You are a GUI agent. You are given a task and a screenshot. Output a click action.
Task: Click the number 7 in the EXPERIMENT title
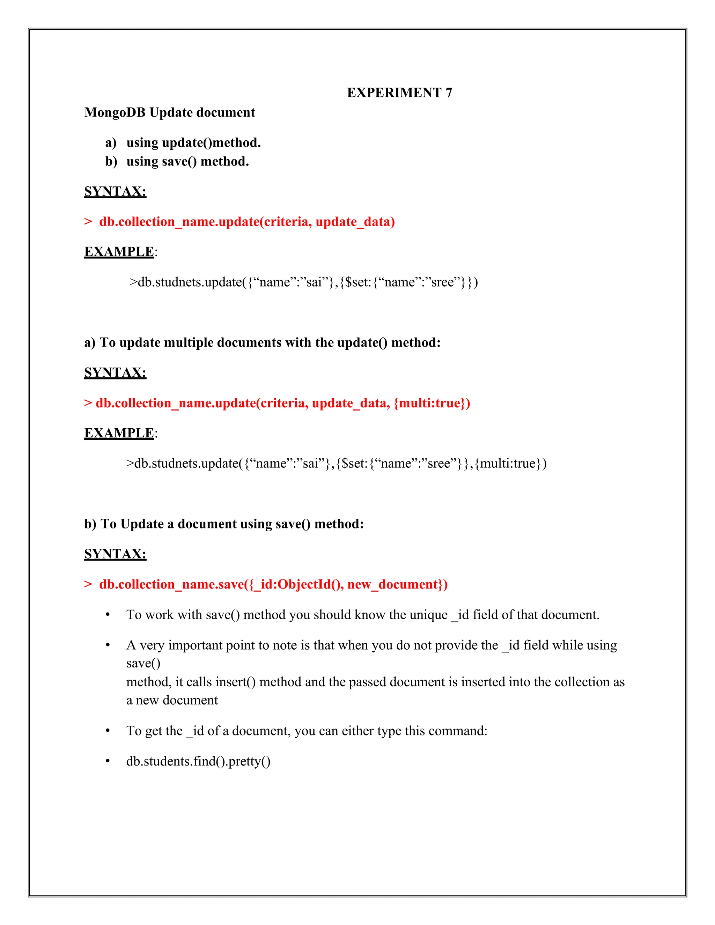pos(449,93)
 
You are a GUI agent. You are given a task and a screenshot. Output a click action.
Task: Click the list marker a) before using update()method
pos(111,143)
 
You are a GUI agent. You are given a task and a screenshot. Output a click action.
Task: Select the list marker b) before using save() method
pos(111,162)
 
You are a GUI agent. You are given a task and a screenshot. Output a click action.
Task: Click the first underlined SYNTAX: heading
pos(115,191)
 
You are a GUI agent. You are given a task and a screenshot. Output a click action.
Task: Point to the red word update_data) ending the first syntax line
pos(355,222)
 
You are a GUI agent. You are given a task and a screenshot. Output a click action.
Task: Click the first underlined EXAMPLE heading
pos(119,252)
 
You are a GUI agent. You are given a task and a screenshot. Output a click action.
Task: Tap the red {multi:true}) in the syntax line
pos(432,403)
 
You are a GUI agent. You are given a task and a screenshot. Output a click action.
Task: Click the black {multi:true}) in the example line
pos(510,463)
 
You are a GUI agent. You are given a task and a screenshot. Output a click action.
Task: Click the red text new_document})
pos(397,584)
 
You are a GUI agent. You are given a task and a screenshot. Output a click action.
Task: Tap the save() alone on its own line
pos(143,664)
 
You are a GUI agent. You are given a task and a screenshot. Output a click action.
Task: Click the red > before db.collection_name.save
pos(88,584)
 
